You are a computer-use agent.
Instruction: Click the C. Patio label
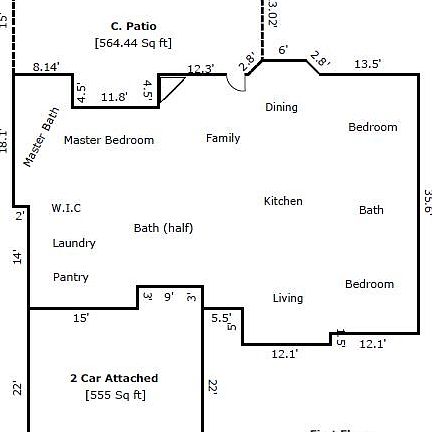click(133, 26)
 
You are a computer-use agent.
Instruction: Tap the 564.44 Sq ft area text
click(133, 43)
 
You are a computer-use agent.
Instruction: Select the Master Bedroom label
click(109, 140)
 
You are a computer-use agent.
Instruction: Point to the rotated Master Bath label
click(42, 139)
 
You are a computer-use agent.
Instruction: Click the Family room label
click(223, 138)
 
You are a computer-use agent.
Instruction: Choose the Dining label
click(281, 107)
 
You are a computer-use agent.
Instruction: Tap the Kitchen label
click(283, 201)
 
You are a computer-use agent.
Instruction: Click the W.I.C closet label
click(66, 208)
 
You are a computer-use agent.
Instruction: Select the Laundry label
click(74, 243)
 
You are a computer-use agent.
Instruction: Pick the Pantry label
click(70, 277)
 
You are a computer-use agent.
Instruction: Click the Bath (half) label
click(163, 228)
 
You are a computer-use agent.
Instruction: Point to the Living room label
click(288, 298)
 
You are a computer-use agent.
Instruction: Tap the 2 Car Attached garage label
click(114, 378)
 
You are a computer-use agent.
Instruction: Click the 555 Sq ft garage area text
click(115, 395)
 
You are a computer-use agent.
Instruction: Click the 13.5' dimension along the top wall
click(367, 65)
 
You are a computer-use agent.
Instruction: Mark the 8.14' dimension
click(46, 66)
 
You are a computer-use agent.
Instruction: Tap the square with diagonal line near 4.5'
click(173, 89)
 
